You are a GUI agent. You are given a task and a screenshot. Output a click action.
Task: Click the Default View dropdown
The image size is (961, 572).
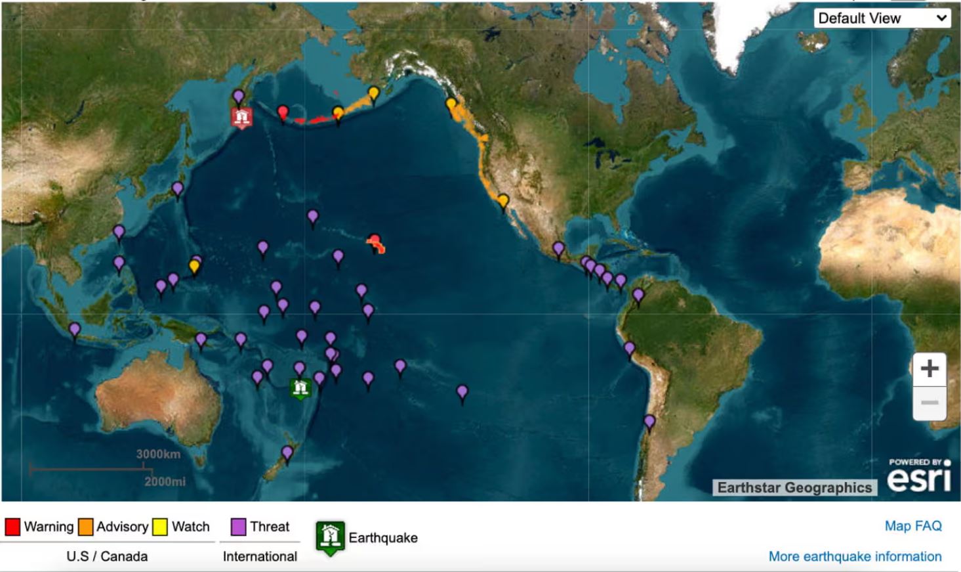[882, 18]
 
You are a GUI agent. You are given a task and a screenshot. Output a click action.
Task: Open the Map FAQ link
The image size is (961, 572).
[912, 526]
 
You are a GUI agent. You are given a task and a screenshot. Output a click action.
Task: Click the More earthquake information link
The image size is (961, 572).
[854, 556]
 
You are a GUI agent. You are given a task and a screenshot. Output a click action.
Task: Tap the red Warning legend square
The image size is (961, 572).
[12, 527]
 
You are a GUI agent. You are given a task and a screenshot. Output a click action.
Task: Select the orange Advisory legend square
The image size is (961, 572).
[85, 527]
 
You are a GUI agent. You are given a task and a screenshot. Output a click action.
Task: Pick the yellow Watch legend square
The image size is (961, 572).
[160, 527]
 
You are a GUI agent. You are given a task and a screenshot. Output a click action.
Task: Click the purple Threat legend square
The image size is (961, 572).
[239, 527]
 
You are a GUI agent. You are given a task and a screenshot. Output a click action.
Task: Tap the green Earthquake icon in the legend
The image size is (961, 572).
[330, 537]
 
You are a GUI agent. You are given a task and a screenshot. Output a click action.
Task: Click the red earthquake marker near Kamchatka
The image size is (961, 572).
[242, 118]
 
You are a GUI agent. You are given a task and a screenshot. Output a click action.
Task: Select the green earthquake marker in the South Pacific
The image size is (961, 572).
[300, 387]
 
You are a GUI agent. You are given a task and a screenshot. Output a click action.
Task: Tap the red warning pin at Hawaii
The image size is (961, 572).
[375, 241]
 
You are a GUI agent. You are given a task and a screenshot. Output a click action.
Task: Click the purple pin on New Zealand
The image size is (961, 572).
[287, 452]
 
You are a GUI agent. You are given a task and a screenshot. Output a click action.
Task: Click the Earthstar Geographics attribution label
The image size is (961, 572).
[794, 487]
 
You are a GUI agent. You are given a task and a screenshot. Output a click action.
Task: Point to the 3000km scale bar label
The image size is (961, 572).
[158, 454]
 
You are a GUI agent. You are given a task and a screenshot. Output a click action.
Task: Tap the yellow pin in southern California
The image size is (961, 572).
[503, 200]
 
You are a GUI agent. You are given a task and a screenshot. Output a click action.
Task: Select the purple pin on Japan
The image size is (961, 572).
[177, 189]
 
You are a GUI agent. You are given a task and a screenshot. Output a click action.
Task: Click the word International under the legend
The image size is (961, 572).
[260, 556]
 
